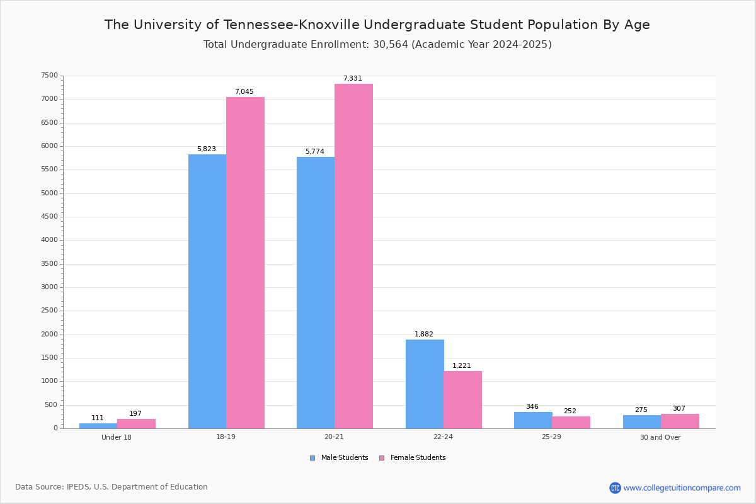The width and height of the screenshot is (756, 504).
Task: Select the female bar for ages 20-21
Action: pos(353,256)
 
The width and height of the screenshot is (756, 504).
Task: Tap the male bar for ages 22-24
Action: pos(425,384)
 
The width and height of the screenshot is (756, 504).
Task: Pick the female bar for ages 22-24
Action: pos(462,399)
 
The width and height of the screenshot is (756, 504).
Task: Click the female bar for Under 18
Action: pos(136,424)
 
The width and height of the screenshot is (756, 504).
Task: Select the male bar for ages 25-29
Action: pos(533,420)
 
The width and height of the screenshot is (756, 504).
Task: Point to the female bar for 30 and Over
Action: pos(680,421)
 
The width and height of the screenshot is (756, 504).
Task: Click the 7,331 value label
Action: pos(353,79)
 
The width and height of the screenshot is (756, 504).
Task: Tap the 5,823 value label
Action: pos(207,149)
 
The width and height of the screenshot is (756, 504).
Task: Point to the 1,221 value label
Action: pos(462,366)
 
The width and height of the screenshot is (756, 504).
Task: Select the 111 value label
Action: pos(98,418)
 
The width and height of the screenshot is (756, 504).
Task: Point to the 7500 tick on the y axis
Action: pos(50,76)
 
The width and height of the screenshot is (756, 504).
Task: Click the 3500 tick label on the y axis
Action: pos(50,264)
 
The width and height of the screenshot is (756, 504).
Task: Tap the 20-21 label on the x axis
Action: pos(335,437)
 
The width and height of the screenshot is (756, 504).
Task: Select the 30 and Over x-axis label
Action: pos(660,437)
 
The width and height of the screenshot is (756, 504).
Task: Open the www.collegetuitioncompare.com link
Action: pos(682,488)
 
